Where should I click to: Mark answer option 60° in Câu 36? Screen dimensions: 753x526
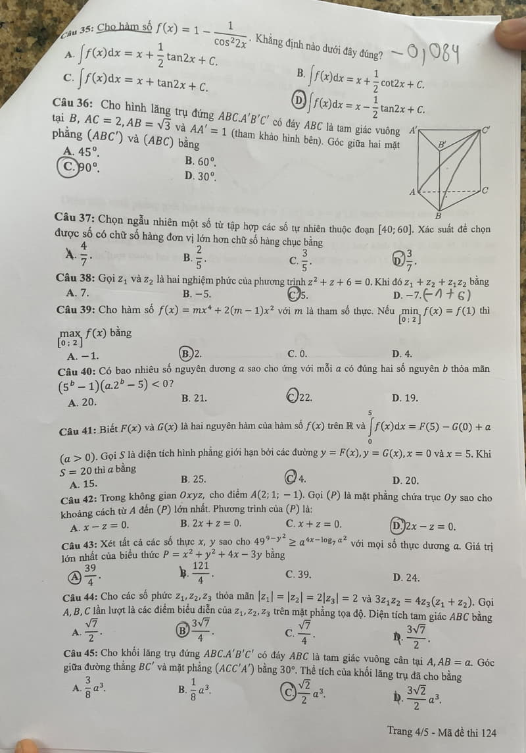tap(201, 161)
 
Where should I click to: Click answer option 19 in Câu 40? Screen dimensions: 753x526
tap(402, 397)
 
